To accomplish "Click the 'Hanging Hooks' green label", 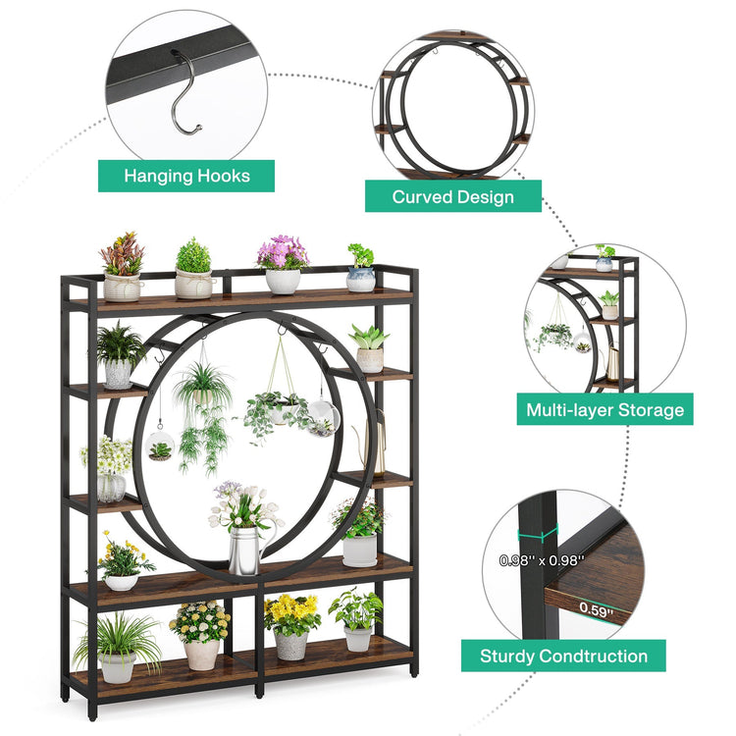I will (186, 177).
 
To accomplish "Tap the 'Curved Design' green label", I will (453, 196).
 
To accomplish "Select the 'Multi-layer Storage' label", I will (605, 409).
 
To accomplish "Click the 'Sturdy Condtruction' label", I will (563, 656).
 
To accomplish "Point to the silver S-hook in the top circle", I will (186, 93).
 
